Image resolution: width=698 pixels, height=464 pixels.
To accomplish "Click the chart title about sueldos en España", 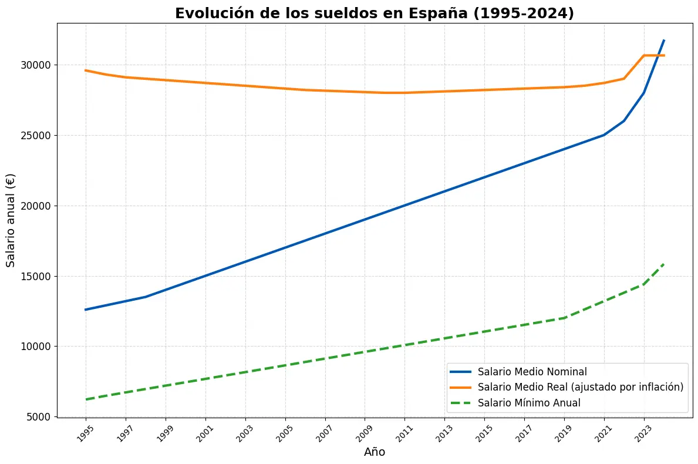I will (x=374, y=14).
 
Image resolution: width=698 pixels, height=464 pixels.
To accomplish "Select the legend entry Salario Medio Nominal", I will (x=532, y=371).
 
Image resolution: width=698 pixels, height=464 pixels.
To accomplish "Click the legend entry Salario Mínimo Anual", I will (x=528, y=403).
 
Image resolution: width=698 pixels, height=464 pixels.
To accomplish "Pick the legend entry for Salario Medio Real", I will (x=580, y=387).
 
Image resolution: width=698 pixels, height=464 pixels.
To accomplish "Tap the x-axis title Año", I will (x=375, y=452).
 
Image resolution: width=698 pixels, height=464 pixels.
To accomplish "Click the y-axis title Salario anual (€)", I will (x=11, y=220).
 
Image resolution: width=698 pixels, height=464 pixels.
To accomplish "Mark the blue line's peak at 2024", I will (x=664, y=41).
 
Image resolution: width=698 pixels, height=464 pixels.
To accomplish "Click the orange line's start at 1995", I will (x=86, y=70).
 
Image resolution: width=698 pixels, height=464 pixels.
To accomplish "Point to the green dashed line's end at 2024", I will (x=664, y=264).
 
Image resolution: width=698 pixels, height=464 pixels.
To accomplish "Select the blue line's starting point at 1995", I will (x=86, y=310).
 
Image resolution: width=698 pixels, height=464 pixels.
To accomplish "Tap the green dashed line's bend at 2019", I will (x=564, y=318).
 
